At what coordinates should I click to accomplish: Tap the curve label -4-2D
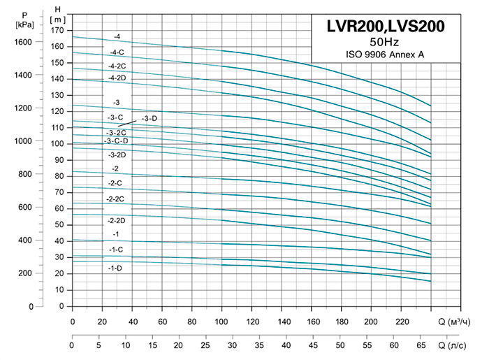[117, 78]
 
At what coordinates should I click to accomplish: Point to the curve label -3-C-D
[117, 141]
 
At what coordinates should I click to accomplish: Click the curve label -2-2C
[116, 199]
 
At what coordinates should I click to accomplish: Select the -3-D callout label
[150, 119]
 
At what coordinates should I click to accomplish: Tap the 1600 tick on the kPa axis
[24, 42]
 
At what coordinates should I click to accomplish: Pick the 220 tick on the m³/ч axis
[402, 322]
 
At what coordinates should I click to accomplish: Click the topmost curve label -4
[117, 36]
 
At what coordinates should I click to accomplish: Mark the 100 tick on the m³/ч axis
[222, 322]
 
